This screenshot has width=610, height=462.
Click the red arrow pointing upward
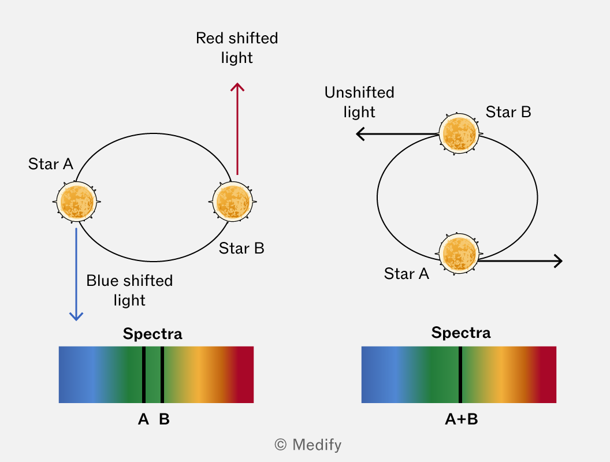(237, 129)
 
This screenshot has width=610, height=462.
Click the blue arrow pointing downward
(76, 274)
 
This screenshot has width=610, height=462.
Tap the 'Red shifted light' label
(237, 48)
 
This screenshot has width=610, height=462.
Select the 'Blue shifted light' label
(129, 290)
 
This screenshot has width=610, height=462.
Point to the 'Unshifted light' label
(359, 102)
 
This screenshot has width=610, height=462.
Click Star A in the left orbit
(77, 202)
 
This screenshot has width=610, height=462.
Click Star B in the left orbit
(233, 202)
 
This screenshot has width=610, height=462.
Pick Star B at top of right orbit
(459, 134)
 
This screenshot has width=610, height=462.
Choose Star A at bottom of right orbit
(459, 254)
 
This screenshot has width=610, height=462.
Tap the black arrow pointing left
(397, 134)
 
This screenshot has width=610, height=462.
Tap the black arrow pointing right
(520, 260)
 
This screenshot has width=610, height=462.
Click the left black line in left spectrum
(144, 374)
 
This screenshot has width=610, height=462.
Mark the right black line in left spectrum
(162, 374)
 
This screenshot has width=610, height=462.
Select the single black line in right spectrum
(460, 374)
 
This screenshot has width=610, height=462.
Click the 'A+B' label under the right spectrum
(462, 419)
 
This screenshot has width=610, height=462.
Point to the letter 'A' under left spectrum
(144, 419)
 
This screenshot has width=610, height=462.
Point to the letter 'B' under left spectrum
(164, 419)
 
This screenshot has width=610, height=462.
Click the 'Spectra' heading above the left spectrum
(152, 334)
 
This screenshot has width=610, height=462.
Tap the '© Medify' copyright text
(308, 445)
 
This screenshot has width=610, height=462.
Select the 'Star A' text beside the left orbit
(51, 164)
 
